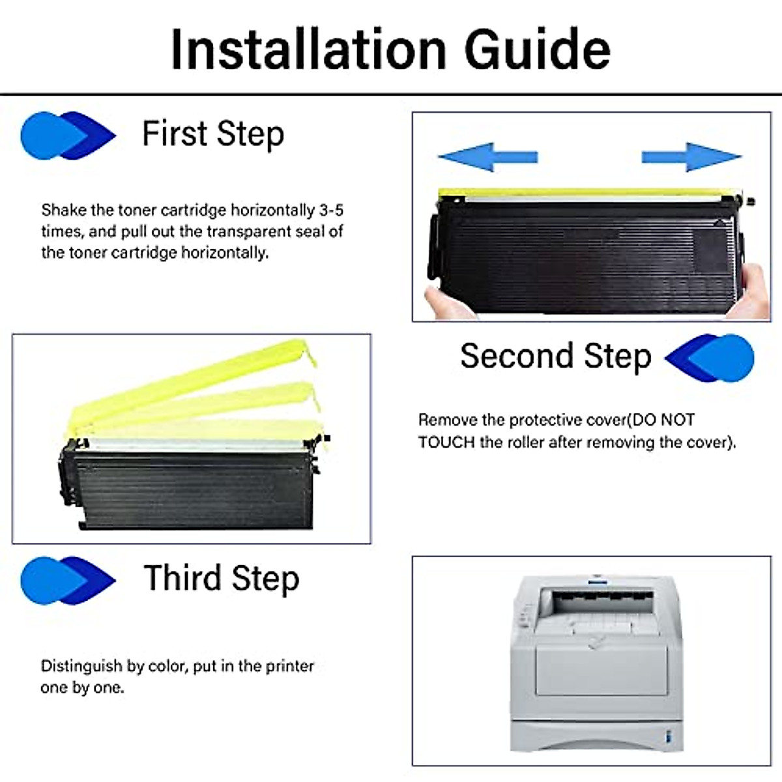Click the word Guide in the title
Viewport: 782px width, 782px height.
tap(537, 50)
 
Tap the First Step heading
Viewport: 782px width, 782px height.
tap(213, 134)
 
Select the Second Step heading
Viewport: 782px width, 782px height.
tap(555, 356)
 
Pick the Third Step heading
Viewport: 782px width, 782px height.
tap(222, 579)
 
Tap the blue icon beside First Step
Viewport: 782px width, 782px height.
tap(67, 136)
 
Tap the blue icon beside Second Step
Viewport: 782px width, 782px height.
tap(710, 358)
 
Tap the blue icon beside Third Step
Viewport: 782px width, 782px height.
tap(67, 580)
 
